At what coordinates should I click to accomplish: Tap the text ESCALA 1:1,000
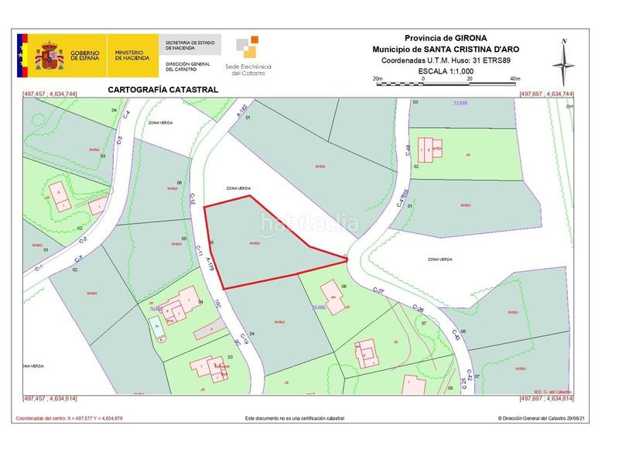click(x=446, y=70)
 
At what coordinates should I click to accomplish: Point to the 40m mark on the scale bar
click(x=516, y=79)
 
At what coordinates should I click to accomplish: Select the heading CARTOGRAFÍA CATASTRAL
click(x=164, y=90)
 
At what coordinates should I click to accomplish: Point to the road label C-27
click(x=379, y=290)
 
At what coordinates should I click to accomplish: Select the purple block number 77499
click(x=440, y=102)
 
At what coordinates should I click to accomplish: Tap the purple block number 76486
click(x=318, y=307)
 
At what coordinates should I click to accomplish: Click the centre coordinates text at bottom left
click(x=70, y=418)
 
